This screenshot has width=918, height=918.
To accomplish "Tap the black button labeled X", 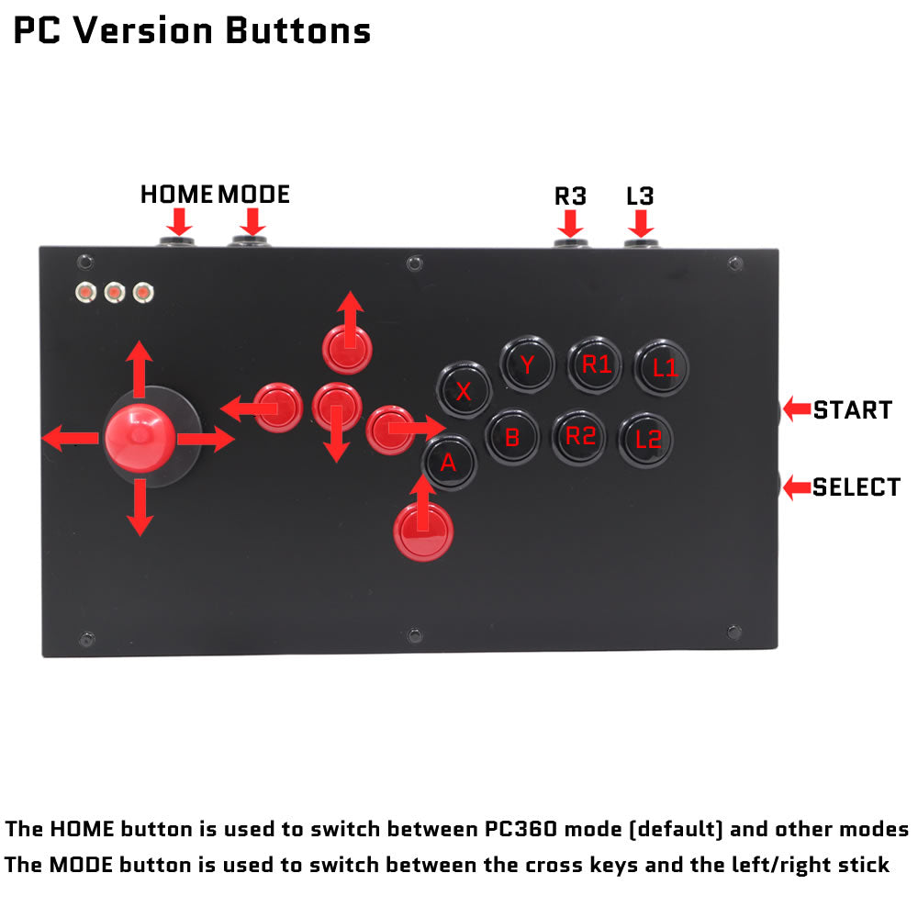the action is coord(464,390).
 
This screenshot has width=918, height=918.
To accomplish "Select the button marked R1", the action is coord(595,364).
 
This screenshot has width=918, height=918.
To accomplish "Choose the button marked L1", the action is coord(662,368).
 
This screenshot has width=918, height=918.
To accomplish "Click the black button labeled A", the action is coord(449,463).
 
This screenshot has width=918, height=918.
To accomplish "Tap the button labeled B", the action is coord(512,437).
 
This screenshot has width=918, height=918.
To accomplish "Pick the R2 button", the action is coord(579,437).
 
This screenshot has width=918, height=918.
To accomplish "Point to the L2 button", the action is coord(646,440).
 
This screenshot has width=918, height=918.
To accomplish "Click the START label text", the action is coord(853,409).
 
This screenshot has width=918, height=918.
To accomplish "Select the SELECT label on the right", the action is coord(856,487).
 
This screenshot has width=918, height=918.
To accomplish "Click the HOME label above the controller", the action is coord(176,195).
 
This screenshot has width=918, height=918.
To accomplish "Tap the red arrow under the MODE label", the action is coord(253,222).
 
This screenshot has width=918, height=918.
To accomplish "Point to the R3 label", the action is coord(570,196).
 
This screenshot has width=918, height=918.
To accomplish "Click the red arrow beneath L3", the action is coord(641,224).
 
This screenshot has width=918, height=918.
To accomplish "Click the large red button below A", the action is coord(423,532).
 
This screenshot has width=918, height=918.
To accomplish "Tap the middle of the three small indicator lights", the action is coord(115,292).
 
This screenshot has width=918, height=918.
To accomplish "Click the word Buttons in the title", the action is coord(298,30).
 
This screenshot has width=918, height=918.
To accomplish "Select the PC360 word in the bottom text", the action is coord(521,829).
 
